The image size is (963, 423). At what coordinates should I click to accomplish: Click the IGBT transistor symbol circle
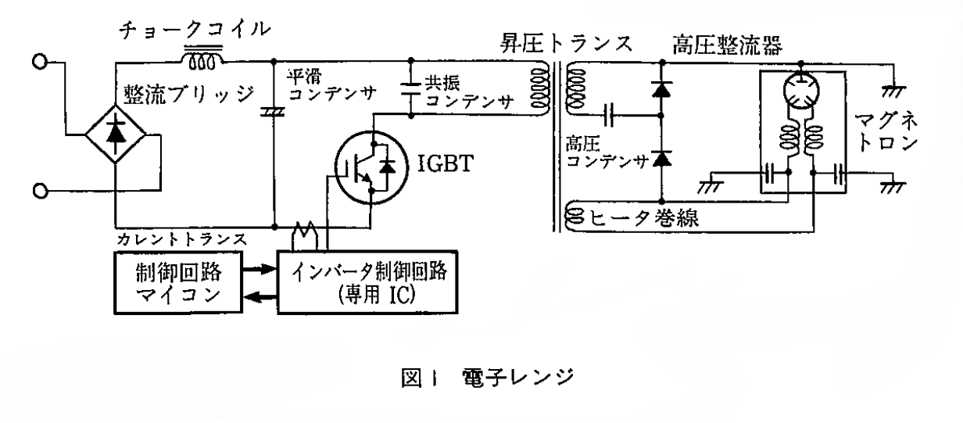(x=367, y=165)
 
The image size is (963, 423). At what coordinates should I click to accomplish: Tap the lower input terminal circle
(x=38, y=191)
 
